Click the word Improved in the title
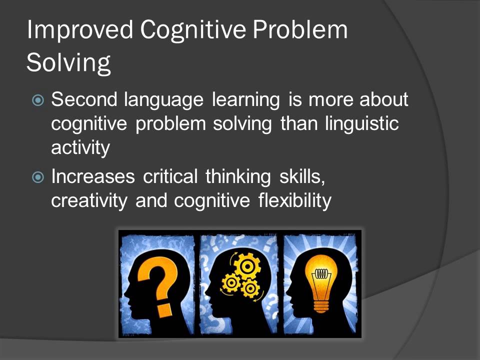point(80,31)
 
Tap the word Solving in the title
point(68,63)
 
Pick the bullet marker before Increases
point(38,177)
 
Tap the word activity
point(80,148)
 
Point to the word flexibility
point(295,201)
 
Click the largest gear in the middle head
point(247,266)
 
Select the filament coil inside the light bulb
point(320,274)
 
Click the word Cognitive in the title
point(192,31)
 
